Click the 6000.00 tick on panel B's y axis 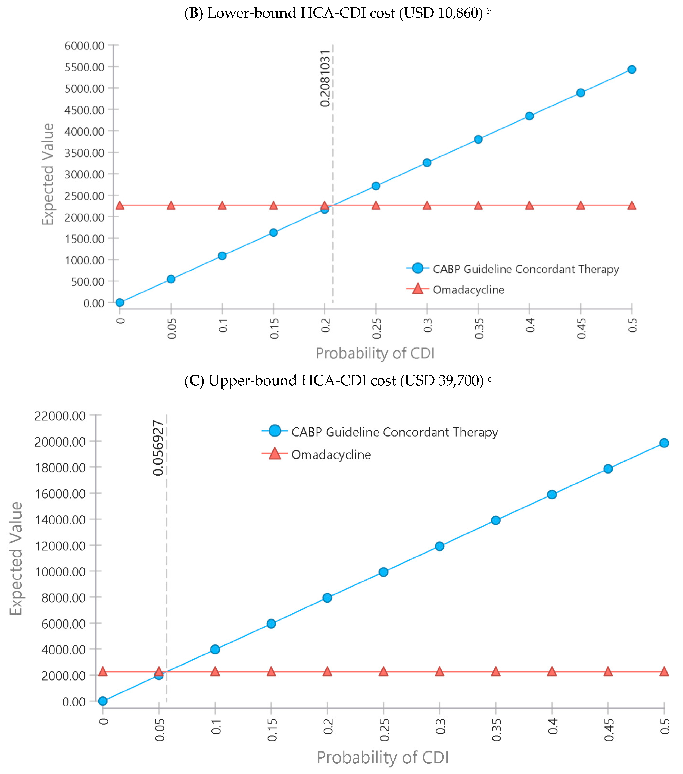click(84, 46)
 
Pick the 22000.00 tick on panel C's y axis click(60, 416)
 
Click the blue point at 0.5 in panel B click(631, 69)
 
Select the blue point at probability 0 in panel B click(120, 302)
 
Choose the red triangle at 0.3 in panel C click(439, 671)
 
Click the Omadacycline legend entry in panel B click(468, 290)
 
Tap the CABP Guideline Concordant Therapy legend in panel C click(394, 432)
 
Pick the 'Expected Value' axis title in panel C click(16, 559)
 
